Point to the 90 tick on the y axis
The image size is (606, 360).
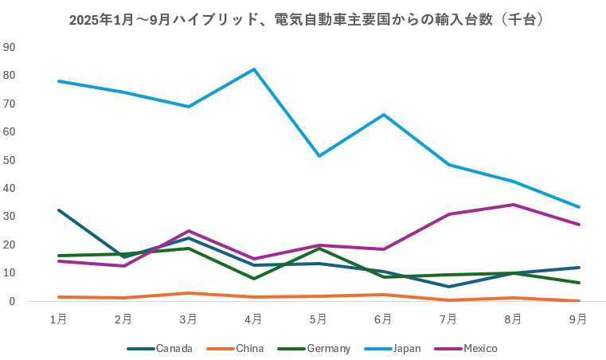[x=10, y=47]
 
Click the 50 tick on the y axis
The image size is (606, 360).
[x=10, y=160]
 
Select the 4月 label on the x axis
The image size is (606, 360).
[x=253, y=319]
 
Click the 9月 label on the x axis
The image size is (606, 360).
[x=579, y=319]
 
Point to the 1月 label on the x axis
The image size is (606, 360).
[x=58, y=319]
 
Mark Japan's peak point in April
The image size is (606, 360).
[x=253, y=69]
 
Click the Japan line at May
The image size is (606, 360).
[x=319, y=155]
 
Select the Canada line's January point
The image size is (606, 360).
[x=58, y=210]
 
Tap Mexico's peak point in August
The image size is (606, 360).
[x=514, y=205]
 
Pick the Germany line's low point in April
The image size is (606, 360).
[x=253, y=279]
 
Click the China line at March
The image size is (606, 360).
[x=188, y=293]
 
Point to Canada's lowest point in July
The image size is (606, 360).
[x=448, y=287]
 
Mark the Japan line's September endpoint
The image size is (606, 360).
[x=579, y=207]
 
